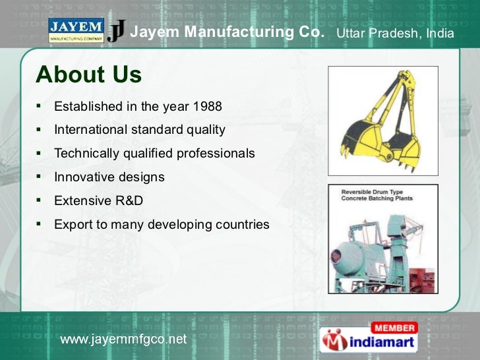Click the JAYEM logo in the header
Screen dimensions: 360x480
76,30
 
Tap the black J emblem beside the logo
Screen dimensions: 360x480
117,31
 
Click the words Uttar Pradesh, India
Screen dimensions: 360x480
395,33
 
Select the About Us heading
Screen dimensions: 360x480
89,75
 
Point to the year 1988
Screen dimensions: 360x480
207,106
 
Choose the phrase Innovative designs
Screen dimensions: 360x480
109,177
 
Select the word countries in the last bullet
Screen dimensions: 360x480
242,224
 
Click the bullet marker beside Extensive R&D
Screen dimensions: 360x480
40,199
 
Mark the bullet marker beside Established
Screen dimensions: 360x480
40,105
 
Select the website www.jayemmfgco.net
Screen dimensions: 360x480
124,340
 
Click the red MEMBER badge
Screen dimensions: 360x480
394,328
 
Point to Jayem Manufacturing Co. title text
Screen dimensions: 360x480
227,32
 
